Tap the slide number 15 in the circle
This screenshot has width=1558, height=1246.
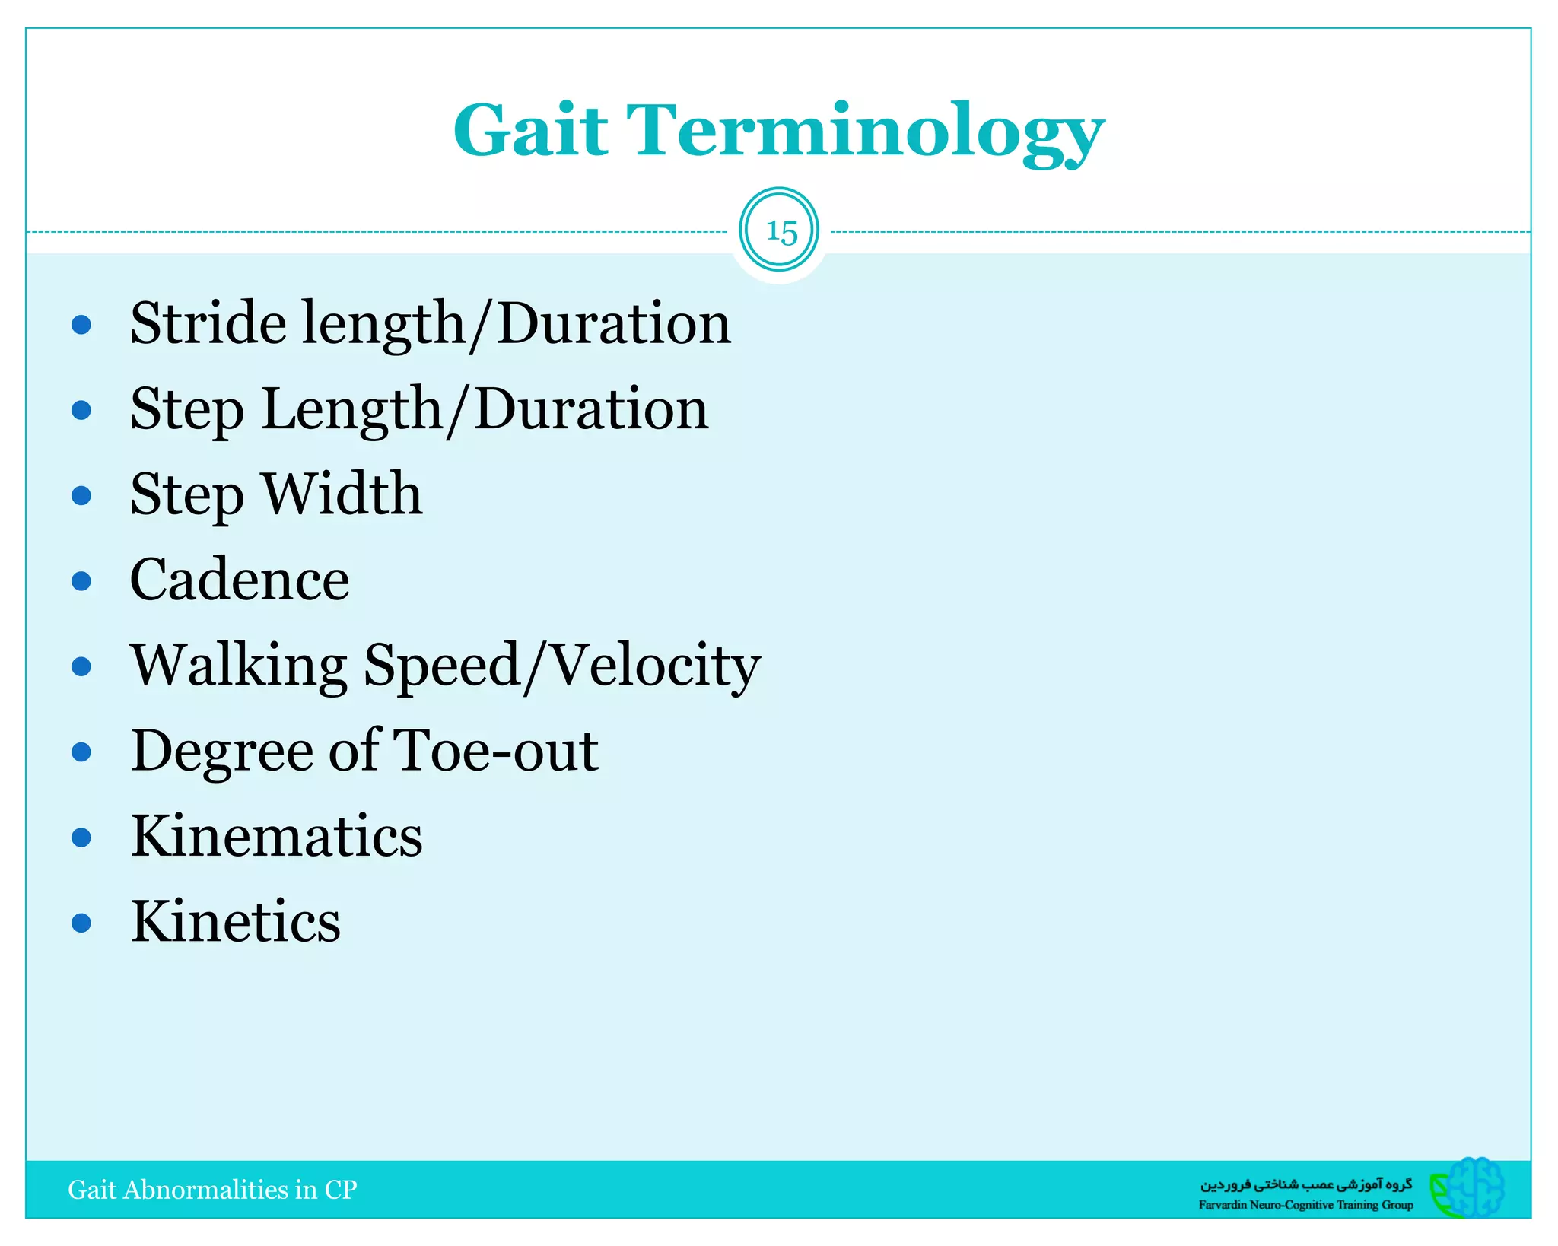(780, 231)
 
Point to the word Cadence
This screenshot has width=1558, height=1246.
(240, 580)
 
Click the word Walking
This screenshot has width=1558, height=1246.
(239, 666)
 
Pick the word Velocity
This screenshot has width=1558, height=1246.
(653, 666)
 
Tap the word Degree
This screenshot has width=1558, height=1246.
(221, 752)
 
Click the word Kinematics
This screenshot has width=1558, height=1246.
(276, 836)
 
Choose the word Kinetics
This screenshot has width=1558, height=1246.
(236, 921)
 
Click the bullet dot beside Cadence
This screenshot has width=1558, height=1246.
(81, 582)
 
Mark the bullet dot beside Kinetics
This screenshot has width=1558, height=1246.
(81, 923)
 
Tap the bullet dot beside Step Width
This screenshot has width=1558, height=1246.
(81, 496)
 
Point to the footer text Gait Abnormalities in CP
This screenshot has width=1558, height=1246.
(212, 1190)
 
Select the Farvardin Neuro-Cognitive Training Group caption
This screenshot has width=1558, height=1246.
(1305, 1205)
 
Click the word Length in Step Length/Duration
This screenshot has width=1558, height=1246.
(351, 410)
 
